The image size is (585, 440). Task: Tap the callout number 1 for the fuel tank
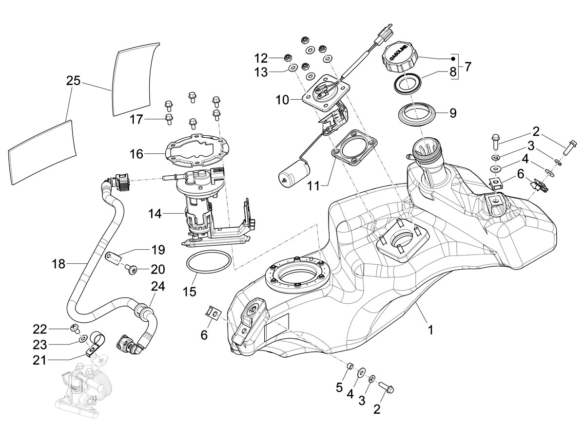(430, 330)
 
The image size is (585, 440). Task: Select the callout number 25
(73, 81)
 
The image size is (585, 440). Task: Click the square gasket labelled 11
(353, 146)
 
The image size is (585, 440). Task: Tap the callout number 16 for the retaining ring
(136, 154)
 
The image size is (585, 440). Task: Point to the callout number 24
(158, 287)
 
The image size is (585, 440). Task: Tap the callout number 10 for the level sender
(282, 100)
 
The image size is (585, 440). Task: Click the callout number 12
(261, 58)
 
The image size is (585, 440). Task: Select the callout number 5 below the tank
(339, 388)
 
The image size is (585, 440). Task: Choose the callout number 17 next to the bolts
(136, 118)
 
